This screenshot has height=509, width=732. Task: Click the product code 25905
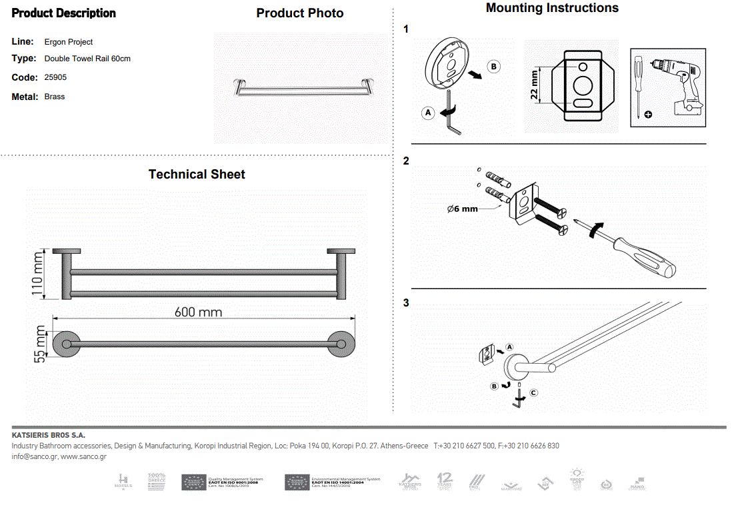(55, 77)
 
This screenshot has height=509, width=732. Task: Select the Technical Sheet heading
(197, 175)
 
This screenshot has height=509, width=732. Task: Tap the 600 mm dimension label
(198, 312)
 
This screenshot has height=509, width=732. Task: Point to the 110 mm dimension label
(37, 273)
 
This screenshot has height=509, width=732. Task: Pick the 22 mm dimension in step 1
(535, 85)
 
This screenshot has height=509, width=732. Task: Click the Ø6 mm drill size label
(463, 209)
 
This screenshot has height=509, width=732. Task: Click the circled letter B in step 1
(494, 67)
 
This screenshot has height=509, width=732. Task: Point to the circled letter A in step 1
(429, 113)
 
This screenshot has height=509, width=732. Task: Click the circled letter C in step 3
(533, 393)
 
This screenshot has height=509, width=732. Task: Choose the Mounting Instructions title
(552, 8)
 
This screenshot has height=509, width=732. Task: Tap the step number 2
(406, 161)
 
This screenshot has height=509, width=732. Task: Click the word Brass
(55, 97)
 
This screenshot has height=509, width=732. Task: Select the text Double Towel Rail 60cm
(87, 59)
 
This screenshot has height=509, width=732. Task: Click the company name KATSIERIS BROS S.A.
(49, 435)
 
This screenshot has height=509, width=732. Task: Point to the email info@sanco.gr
(35, 456)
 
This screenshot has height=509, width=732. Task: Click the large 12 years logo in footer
(445, 480)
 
